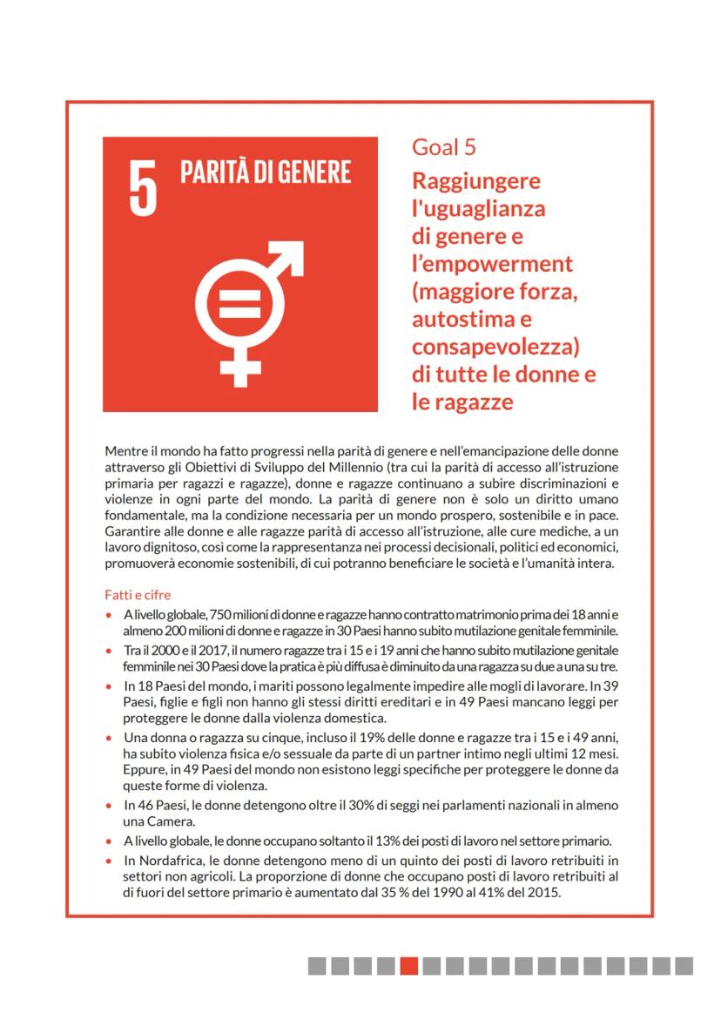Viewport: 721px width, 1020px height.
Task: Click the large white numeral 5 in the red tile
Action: click(x=143, y=186)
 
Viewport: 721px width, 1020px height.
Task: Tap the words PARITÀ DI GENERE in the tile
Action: click(x=266, y=172)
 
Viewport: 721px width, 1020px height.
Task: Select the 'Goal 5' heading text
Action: click(x=444, y=147)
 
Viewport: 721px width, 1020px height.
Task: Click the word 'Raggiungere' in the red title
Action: click(x=476, y=181)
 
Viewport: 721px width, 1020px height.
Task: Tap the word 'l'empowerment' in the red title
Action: click(x=492, y=263)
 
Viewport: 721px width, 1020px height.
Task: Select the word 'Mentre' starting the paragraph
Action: click(x=125, y=451)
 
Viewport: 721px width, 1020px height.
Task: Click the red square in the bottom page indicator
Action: click(x=408, y=966)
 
